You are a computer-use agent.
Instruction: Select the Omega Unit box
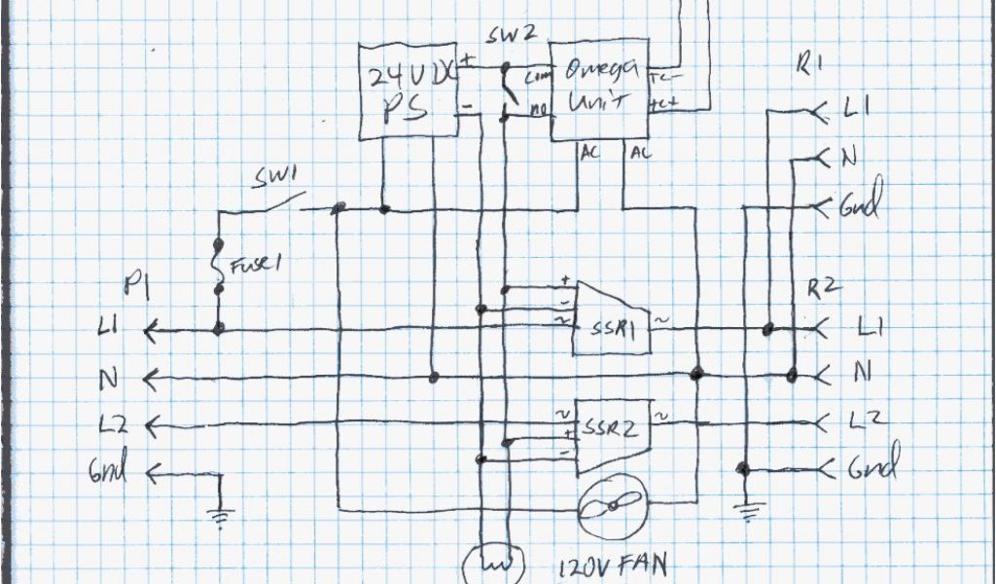tap(599, 91)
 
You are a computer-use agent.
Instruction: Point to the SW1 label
tap(277, 178)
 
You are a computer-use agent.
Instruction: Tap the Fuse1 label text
tap(255, 265)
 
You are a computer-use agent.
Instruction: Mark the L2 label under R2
tap(868, 421)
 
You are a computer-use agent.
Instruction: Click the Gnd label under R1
tap(862, 206)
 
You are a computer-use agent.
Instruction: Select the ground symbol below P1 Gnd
tap(222, 517)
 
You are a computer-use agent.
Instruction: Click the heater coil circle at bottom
tap(494, 564)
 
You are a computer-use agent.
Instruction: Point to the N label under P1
tap(109, 378)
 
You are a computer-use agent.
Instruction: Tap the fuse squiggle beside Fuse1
tap(219, 265)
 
